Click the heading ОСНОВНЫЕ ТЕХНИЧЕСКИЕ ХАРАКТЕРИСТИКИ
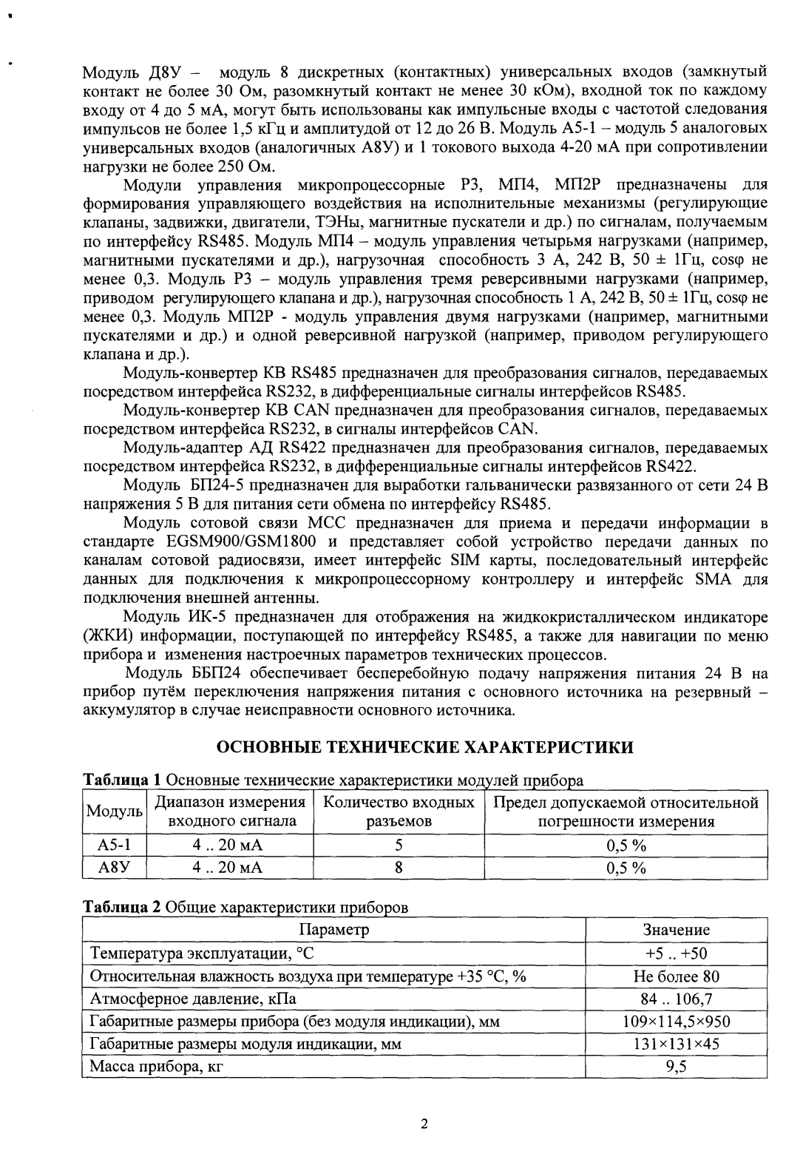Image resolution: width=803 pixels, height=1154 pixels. tap(424, 746)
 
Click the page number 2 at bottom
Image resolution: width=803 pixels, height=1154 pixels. tap(424, 1125)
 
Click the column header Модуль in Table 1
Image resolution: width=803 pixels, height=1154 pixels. tap(114, 811)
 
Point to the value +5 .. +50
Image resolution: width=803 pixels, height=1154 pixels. tap(676, 954)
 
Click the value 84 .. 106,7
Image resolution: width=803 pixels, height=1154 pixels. tap(676, 999)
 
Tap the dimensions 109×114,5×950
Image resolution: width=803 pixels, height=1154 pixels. tap(676, 1022)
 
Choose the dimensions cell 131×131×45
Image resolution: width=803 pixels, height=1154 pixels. tap(676, 1044)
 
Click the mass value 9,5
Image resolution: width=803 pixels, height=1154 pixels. tap(676, 1067)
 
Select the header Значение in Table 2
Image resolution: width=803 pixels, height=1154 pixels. tap(676, 930)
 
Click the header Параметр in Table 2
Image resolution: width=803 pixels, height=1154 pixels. tap(333, 930)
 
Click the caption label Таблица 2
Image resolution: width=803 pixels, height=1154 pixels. tap(121, 907)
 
